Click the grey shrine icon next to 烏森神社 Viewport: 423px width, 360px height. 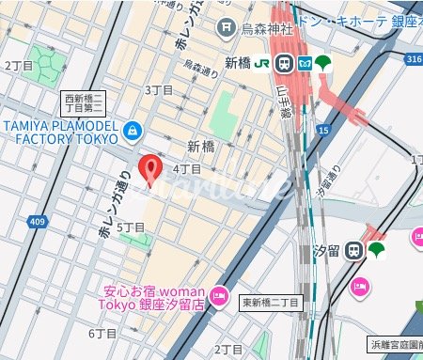(x=227, y=29)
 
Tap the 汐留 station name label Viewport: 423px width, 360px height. (x=326, y=251)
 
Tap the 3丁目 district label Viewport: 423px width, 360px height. (x=160, y=89)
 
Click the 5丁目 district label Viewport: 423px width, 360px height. (x=130, y=227)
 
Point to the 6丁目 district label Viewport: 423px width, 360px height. (x=102, y=333)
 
